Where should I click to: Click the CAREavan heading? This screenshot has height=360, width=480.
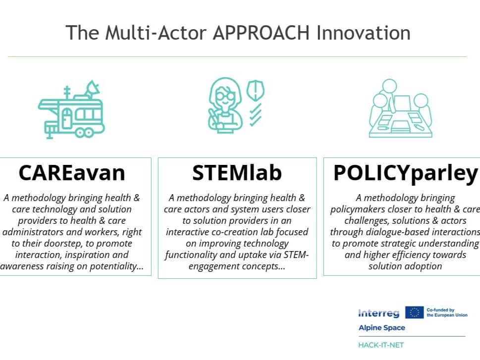click(x=72, y=173)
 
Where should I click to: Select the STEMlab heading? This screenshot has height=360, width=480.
click(x=237, y=173)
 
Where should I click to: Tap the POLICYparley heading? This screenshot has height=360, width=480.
click(x=406, y=174)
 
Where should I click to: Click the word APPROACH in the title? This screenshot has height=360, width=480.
click(x=261, y=33)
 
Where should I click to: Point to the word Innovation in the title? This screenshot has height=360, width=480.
click(x=364, y=33)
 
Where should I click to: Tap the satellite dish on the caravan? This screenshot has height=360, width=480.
click(x=92, y=89)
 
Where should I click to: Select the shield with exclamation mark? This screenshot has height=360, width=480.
click(x=255, y=90)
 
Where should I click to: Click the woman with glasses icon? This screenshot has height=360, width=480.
click(x=225, y=105)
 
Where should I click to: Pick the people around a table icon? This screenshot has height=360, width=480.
click(x=400, y=108)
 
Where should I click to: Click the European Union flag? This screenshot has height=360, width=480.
click(x=414, y=312)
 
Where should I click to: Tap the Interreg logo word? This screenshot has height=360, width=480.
click(x=378, y=313)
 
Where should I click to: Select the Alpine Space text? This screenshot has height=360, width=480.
click(x=382, y=327)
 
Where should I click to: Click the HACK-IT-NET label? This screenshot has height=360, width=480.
click(x=381, y=345)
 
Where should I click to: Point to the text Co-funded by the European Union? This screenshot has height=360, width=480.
click(x=447, y=312)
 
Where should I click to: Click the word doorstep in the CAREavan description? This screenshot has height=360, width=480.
click(x=64, y=243)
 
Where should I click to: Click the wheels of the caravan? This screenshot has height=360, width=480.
click(x=84, y=133)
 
